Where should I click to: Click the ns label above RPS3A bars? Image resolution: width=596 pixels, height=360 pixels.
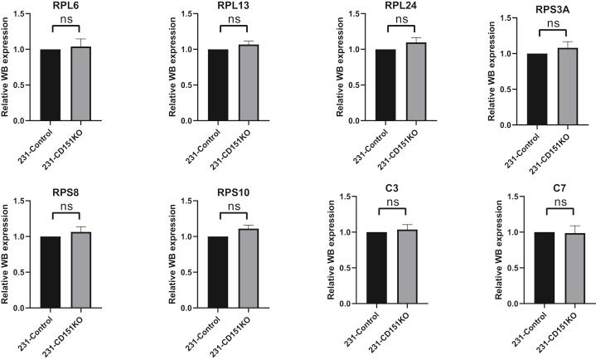pos(547,32)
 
